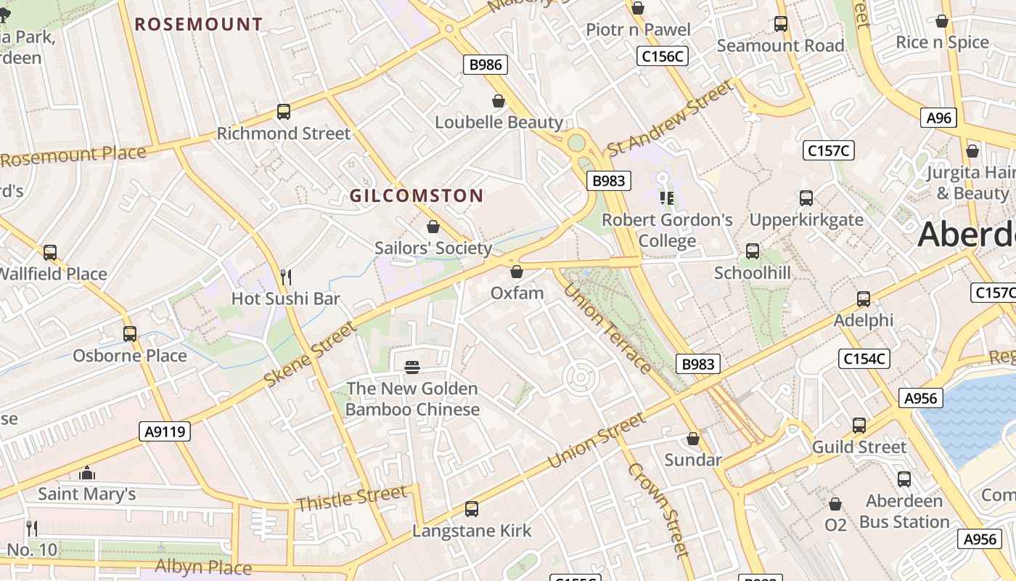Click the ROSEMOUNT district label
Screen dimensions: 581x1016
[x=198, y=24]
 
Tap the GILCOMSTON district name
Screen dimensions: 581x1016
[x=417, y=195]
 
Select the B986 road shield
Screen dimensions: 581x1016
[x=486, y=65]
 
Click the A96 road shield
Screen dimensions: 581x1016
[x=939, y=118]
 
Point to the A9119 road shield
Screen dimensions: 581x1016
[x=165, y=431]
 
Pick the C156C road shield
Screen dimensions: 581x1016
[x=662, y=56]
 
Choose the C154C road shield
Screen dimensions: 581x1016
[x=864, y=358]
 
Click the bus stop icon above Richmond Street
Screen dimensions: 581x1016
[x=284, y=112]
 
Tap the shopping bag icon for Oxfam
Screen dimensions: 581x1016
[x=517, y=272]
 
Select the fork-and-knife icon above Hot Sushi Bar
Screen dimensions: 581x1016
[x=286, y=277]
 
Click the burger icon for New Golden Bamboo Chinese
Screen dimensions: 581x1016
[x=412, y=367]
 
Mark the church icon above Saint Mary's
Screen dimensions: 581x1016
[x=87, y=474]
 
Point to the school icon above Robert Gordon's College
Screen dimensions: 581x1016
[x=667, y=198]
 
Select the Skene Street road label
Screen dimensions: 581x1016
[x=311, y=354]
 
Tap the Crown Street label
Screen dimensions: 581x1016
[x=658, y=510]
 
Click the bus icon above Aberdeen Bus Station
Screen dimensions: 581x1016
[x=904, y=479]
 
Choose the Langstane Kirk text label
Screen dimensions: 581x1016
[x=472, y=531]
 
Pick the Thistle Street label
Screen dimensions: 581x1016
[x=352, y=498]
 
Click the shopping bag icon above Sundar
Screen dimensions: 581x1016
[x=693, y=439]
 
